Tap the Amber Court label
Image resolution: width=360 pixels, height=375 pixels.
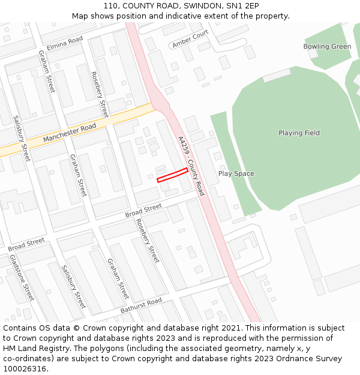pos(190,39)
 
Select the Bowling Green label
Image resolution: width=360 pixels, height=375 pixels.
pos(327,47)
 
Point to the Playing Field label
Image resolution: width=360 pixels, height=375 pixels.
pos(299,133)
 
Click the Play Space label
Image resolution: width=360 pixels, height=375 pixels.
pos(236,174)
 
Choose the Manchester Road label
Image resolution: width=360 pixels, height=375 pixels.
pos(70,133)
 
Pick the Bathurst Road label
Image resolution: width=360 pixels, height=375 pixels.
pos(141,305)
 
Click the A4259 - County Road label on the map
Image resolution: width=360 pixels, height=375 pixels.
pos(191,166)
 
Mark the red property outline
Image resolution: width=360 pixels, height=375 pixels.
pos(172,175)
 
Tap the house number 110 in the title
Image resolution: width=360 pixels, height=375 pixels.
pos(110,6)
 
